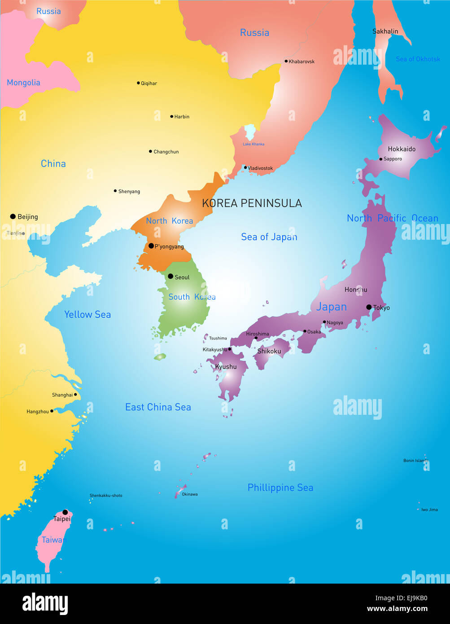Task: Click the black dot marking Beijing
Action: pyautogui.click(x=13, y=216)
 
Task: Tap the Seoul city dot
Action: pyautogui.click(x=170, y=276)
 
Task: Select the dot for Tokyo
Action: pyautogui.click(x=369, y=307)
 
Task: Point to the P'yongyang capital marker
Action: pyautogui.click(x=151, y=246)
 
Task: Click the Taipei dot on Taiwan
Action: pyautogui.click(x=65, y=512)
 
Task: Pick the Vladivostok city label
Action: pyautogui.click(x=261, y=168)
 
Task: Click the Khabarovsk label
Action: pyautogui.click(x=301, y=62)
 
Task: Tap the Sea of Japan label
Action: pyautogui.click(x=269, y=237)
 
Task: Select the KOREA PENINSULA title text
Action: pyautogui.click(x=252, y=203)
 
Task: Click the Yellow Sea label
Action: pyautogui.click(x=87, y=315)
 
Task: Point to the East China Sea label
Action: pyautogui.click(x=158, y=407)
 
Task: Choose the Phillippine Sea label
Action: pyautogui.click(x=280, y=488)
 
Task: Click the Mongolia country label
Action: pyautogui.click(x=23, y=83)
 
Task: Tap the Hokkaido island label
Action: pyautogui.click(x=402, y=149)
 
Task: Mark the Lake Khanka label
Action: pyautogui.click(x=253, y=144)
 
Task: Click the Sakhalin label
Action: pyautogui.click(x=385, y=31)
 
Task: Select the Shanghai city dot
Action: pyautogui.click(x=75, y=395)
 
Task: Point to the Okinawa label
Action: pyautogui.click(x=190, y=494)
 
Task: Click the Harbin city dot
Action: pyautogui.click(x=171, y=116)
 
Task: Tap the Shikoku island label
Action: pyautogui.click(x=269, y=352)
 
